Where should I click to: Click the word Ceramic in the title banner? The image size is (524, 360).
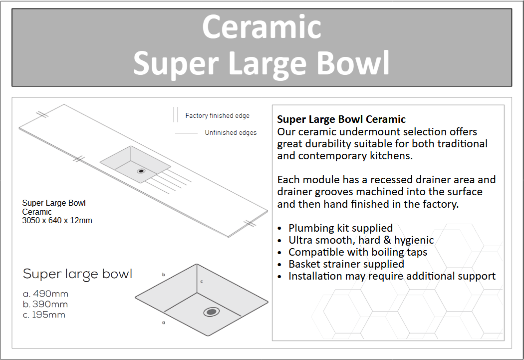point(262,27)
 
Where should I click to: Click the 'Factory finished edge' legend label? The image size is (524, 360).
point(217,116)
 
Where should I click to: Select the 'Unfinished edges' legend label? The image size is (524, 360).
point(231,133)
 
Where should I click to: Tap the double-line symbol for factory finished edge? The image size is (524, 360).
point(176,114)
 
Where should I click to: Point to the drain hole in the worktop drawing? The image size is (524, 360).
point(141,171)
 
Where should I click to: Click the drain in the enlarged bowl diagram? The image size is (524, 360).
point(211,312)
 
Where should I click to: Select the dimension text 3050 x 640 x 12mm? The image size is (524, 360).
point(57,220)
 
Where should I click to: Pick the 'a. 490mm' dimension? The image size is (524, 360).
point(45,294)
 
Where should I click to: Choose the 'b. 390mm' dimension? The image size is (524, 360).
point(45,304)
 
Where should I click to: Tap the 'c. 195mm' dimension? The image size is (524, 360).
point(44,315)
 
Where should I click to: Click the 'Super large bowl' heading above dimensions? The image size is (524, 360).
point(77,274)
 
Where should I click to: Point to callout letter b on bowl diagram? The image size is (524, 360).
point(163,275)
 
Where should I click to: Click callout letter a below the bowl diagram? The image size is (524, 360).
point(163,323)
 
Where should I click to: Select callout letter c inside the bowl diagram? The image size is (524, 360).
point(202,282)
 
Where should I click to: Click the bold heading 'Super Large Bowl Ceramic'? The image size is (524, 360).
point(341,119)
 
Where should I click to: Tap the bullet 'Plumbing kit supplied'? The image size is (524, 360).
point(340,228)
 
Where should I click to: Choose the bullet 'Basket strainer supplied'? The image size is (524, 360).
point(346,264)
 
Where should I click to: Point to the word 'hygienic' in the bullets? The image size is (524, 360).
point(414,240)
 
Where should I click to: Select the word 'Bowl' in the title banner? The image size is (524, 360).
point(353,63)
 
